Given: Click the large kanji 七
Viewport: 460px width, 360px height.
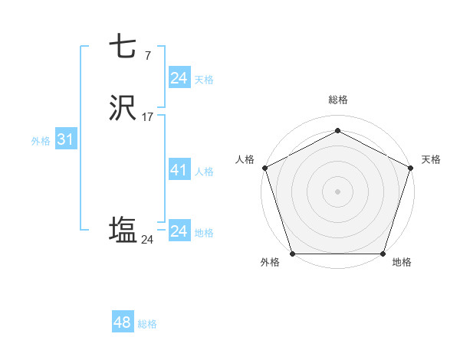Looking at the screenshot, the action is [x=122, y=47].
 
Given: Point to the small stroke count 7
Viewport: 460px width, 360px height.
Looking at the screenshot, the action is [x=147, y=55].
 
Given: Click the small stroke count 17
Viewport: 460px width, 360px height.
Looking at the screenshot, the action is [x=147, y=117].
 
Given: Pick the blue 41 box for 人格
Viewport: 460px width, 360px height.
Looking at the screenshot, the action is [x=179, y=170].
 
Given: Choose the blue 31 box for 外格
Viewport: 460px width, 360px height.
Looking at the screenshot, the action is [x=65, y=140].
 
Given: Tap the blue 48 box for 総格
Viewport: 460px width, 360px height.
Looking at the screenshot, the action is [x=123, y=322].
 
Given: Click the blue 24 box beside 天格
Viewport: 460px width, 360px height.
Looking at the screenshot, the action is [x=179, y=77].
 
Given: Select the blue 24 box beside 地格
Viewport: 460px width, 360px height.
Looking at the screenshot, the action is [x=179, y=231].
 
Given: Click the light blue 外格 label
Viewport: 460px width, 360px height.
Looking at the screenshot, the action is [x=41, y=141].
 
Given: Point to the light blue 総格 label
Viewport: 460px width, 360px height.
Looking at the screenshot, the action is [x=147, y=324].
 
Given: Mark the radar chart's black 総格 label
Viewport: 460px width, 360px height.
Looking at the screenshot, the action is [x=337, y=100].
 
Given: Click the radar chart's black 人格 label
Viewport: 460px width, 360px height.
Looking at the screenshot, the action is [x=245, y=159].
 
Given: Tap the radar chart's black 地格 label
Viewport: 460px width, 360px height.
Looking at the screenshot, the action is [x=402, y=262].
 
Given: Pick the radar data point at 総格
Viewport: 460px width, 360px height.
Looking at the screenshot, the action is [x=337, y=131].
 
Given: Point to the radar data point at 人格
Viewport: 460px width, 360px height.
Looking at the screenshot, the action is [x=264, y=167].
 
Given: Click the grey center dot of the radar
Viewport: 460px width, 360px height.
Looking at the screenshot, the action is [x=337, y=191].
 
